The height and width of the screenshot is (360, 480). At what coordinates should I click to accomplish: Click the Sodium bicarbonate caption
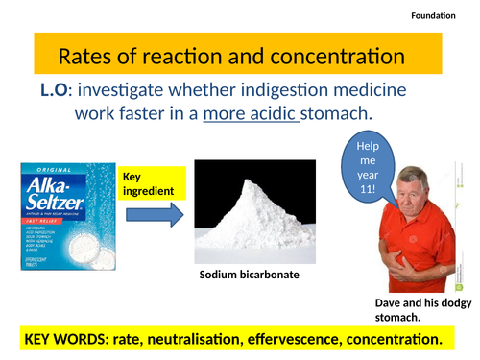tap(250, 275)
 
